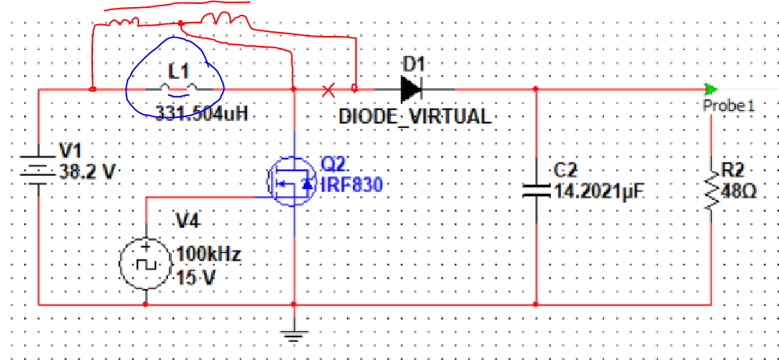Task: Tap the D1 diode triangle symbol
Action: click(411, 88)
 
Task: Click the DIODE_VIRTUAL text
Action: click(415, 117)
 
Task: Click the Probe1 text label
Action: click(729, 105)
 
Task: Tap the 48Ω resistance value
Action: click(739, 191)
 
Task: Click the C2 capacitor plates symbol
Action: click(537, 187)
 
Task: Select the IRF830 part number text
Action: click(351, 184)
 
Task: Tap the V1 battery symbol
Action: click(38, 169)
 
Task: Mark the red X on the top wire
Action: click(330, 88)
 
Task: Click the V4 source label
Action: click(188, 221)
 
